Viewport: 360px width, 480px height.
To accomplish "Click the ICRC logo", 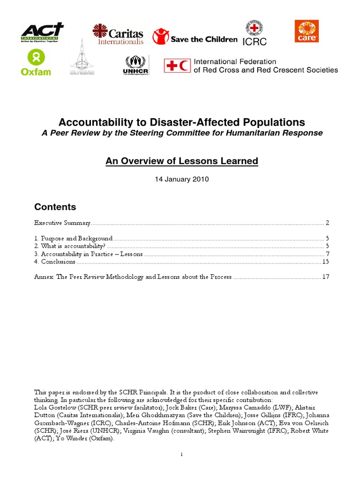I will pyautogui.click(x=255, y=33).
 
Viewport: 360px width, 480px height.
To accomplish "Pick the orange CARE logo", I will pyautogui.click(x=307, y=31).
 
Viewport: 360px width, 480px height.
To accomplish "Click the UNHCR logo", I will pyautogui.click(x=135, y=65).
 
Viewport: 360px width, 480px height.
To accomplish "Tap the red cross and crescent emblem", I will pyautogui.click(x=177, y=66).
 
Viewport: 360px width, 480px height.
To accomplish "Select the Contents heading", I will pyautogui.click(x=55, y=207).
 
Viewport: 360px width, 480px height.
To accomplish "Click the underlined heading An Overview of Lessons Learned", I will pyautogui.click(x=181, y=161).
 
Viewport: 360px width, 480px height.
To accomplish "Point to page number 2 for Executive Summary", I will pyautogui.click(x=328, y=223).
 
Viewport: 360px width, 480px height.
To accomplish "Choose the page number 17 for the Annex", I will pyautogui.click(x=326, y=277).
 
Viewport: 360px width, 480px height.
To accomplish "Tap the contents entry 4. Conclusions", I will pyautogui.click(x=55, y=262).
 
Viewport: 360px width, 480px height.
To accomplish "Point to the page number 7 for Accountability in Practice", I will pyautogui.click(x=328, y=254).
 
